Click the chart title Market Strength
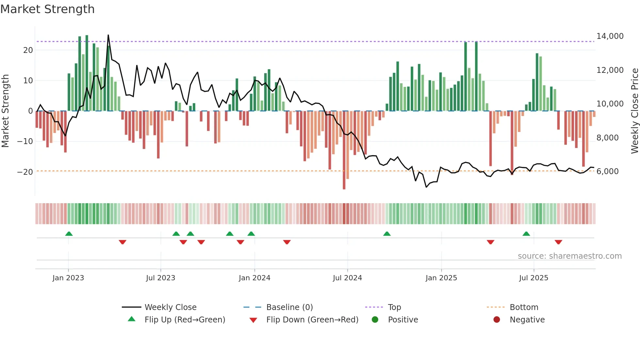(47, 9)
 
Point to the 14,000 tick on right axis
(610, 36)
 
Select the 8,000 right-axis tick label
(607, 138)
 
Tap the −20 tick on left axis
(25, 172)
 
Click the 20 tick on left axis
(28, 50)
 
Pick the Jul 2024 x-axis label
(347, 278)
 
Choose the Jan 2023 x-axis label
(68, 278)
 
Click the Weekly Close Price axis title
(634, 111)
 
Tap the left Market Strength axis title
(5, 111)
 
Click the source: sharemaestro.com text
(569, 256)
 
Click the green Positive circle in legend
(375, 320)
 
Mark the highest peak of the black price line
(108, 35)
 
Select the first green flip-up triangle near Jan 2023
(69, 234)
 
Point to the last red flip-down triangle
(558, 242)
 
